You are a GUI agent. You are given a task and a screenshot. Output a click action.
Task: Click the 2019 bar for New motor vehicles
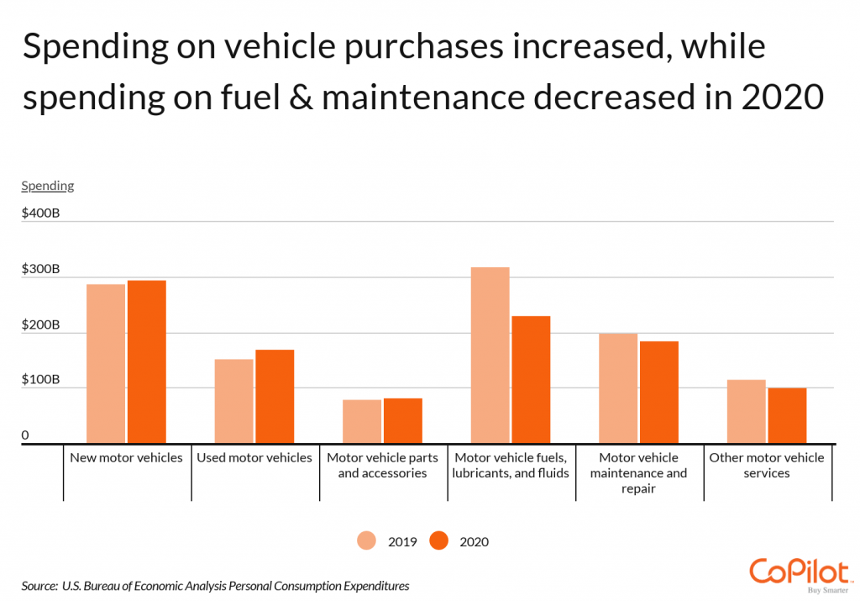[106, 363]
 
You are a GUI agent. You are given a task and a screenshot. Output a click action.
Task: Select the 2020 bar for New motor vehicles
[146, 361]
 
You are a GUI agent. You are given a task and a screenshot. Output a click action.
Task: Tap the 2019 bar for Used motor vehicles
[233, 401]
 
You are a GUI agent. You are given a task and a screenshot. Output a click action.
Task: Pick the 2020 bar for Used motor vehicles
[275, 396]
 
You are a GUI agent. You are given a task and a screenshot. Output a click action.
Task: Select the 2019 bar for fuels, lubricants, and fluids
[490, 355]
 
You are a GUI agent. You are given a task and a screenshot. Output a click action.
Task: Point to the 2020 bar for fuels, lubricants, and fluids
[531, 379]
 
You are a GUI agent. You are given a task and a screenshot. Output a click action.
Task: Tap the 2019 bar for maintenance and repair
[618, 388]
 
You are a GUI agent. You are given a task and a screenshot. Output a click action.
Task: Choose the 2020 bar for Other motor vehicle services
[787, 415]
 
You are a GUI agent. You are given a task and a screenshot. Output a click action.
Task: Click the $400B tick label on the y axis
[40, 214]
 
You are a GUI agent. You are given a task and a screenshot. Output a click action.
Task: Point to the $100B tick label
[40, 380]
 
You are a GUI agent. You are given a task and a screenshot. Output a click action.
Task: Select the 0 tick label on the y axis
[25, 435]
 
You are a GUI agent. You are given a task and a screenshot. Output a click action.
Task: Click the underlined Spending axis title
[48, 186]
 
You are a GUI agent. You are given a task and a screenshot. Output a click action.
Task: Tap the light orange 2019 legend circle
[368, 541]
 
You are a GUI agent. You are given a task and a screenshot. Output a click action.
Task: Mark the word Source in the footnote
[39, 585]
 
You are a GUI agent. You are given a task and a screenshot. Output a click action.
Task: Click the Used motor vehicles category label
[254, 458]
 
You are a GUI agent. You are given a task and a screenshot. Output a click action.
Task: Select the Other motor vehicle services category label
[767, 466]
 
